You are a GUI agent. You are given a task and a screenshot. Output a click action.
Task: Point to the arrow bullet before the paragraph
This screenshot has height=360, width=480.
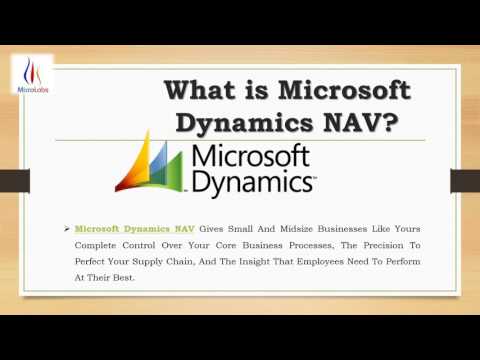(66, 229)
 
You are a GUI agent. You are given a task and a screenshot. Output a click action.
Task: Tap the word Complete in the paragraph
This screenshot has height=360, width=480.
(98, 245)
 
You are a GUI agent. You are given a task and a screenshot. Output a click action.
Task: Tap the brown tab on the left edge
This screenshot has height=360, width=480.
(13, 180)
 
